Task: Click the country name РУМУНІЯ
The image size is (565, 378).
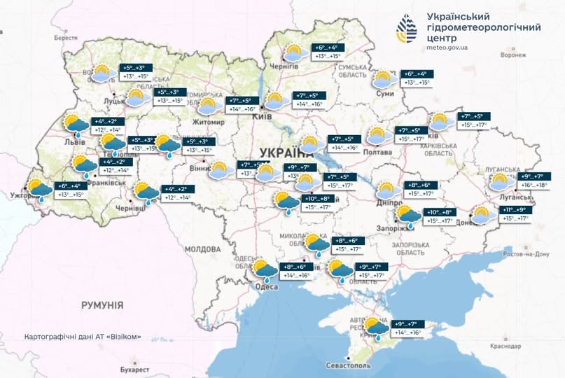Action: pos(102,305)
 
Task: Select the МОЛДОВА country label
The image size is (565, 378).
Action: pos(203,249)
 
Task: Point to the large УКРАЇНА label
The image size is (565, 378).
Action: pos(287,153)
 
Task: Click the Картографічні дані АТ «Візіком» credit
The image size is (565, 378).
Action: pos(83,337)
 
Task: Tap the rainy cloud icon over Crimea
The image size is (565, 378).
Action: pos(377,328)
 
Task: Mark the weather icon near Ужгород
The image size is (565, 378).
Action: pos(38,190)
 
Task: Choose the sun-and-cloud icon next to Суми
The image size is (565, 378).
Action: pos(384,79)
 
